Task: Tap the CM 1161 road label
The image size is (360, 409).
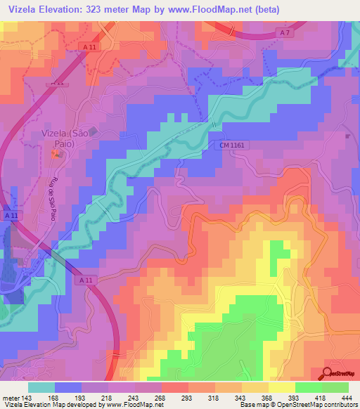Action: (231, 144)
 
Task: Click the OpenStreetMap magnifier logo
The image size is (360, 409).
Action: (328, 372)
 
